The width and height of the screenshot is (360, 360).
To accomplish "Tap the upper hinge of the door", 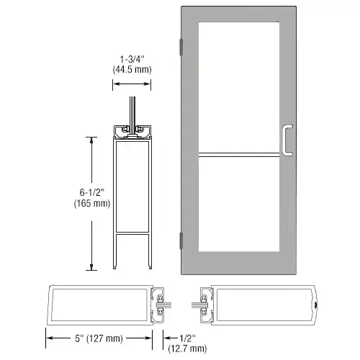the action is [x=181, y=47].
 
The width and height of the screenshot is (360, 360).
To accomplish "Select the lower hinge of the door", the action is [x=181, y=240].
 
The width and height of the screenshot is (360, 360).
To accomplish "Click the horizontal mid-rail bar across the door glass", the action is [x=239, y=155].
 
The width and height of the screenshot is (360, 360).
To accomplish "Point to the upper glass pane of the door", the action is [x=239, y=87].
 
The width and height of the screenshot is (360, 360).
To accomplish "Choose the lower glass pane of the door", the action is [x=239, y=204].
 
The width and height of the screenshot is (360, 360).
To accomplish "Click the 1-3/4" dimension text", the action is [x=132, y=59].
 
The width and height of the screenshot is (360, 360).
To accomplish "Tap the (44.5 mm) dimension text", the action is [x=132, y=70].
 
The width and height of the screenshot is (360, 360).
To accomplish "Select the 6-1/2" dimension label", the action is [x=92, y=192].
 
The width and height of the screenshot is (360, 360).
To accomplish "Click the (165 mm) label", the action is [x=92, y=203].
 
